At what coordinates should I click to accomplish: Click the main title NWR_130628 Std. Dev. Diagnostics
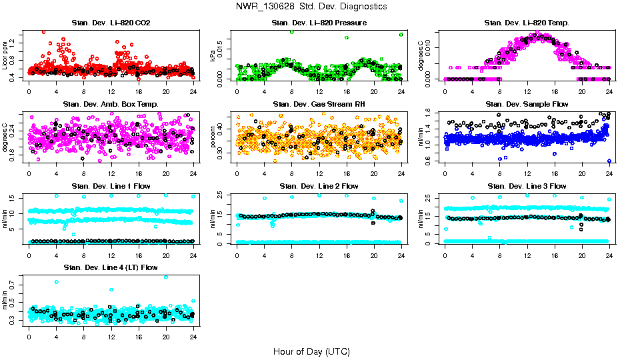(x=311, y=6)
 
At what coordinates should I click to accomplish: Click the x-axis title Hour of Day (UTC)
(x=311, y=351)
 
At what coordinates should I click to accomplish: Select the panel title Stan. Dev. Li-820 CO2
(x=111, y=23)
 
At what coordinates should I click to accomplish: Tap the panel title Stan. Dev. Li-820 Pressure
(x=319, y=23)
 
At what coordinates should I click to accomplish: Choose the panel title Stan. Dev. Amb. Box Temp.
(x=111, y=105)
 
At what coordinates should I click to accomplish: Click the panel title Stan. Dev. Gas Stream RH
(x=319, y=105)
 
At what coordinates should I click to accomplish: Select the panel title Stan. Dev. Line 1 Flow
(x=111, y=186)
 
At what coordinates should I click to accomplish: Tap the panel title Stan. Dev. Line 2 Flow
(x=319, y=186)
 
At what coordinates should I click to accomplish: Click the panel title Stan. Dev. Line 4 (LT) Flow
(x=111, y=267)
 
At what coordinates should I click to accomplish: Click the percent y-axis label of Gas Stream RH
(x=213, y=137)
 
